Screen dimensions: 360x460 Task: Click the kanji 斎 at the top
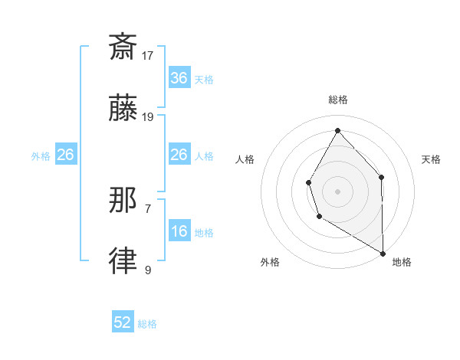(123, 47)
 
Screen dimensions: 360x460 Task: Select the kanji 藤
(123, 109)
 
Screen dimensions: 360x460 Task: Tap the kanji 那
(123, 201)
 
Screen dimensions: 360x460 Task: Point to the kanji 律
(123, 262)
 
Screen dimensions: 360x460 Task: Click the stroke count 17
(149, 55)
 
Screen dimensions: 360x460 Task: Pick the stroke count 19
(149, 117)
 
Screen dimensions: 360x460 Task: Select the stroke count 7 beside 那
(148, 208)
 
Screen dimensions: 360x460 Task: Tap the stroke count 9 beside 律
(148, 270)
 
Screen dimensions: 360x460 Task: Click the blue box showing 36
(179, 78)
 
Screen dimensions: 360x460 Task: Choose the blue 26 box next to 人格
(179, 155)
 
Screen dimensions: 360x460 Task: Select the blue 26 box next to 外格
(65, 155)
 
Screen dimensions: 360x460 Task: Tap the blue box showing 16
(179, 231)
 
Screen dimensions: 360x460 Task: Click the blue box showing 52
(123, 322)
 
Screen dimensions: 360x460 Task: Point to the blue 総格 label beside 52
(147, 324)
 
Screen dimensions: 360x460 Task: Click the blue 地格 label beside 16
(204, 233)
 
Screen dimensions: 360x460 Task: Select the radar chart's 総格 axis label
(337, 100)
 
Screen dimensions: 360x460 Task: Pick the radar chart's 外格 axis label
(270, 263)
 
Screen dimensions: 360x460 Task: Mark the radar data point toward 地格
(383, 253)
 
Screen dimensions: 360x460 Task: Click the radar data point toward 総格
(337, 129)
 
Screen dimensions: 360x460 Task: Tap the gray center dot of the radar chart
(337, 190)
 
